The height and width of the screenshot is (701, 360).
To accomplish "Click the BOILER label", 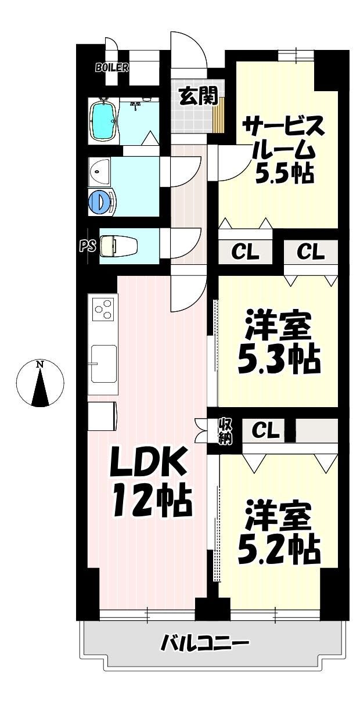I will (111, 67).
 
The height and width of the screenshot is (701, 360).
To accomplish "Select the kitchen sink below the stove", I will (103, 364).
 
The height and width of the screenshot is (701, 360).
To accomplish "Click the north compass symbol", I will (39, 383).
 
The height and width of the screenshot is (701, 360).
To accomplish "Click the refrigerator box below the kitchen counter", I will (103, 416).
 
